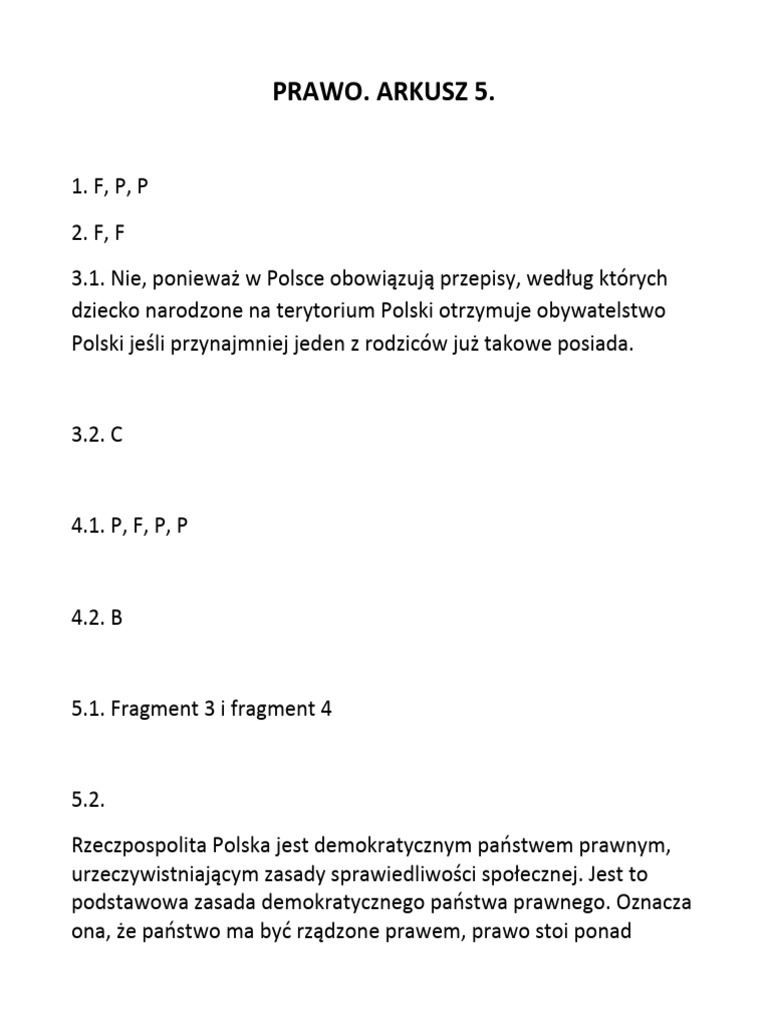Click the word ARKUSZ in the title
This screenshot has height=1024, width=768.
414,94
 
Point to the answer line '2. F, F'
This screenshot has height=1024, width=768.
103,232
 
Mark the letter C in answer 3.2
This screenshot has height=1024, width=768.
117,437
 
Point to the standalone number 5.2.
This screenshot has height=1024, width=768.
89,801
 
